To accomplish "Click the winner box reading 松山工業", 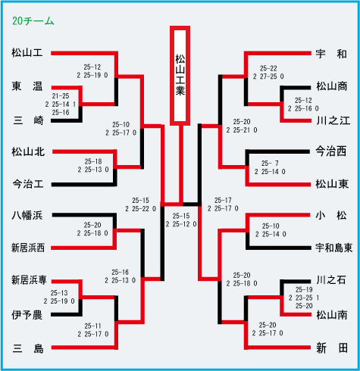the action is pyautogui.click(x=180, y=76).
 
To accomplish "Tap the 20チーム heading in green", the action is pyautogui.click(x=33, y=21).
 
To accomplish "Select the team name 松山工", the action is pyautogui.click(x=27, y=53).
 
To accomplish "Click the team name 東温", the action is pyautogui.click(x=27, y=86).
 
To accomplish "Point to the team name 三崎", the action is pyautogui.click(x=28, y=120).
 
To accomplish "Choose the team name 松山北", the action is pyautogui.click(x=28, y=151).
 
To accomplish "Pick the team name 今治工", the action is pyautogui.click(x=28, y=184).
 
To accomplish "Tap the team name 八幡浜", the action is pyautogui.click(x=27, y=215).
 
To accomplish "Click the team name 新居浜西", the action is pyautogui.click(x=28, y=248).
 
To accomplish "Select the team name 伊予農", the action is pyautogui.click(x=27, y=315).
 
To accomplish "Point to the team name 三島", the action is pyautogui.click(x=28, y=348).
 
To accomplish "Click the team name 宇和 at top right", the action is pyautogui.click(x=331, y=54).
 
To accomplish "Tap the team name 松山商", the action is pyautogui.click(x=332, y=86).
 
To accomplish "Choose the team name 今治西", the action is pyautogui.click(x=331, y=151).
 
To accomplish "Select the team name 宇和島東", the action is pyautogui.click(x=333, y=248).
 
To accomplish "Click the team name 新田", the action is pyautogui.click(x=332, y=348).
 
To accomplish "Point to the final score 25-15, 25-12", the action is pyautogui.click(x=181, y=220).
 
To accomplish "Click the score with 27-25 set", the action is pyautogui.click(x=268, y=73).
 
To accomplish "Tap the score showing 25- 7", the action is pyautogui.click(x=270, y=167).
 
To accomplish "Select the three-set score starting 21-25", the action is pyautogui.click(x=61, y=104).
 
